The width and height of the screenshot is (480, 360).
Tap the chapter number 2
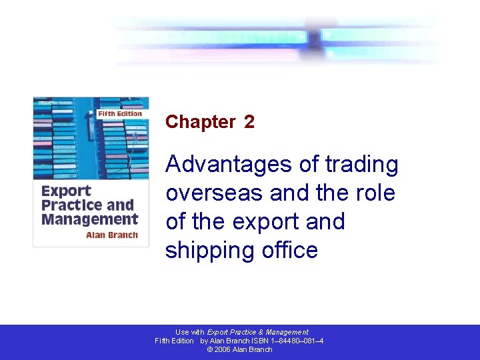click(x=249, y=122)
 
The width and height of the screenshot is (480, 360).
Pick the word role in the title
click(x=378, y=193)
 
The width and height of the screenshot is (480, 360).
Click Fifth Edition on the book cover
click(x=120, y=114)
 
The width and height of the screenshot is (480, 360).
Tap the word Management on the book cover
click(x=90, y=219)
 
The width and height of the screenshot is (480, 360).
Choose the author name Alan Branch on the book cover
click(x=112, y=235)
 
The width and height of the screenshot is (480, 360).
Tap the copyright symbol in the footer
click(x=210, y=349)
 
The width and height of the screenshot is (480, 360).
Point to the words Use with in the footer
click(x=190, y=332)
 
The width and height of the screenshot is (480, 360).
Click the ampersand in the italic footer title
click(x=261, y=332)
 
